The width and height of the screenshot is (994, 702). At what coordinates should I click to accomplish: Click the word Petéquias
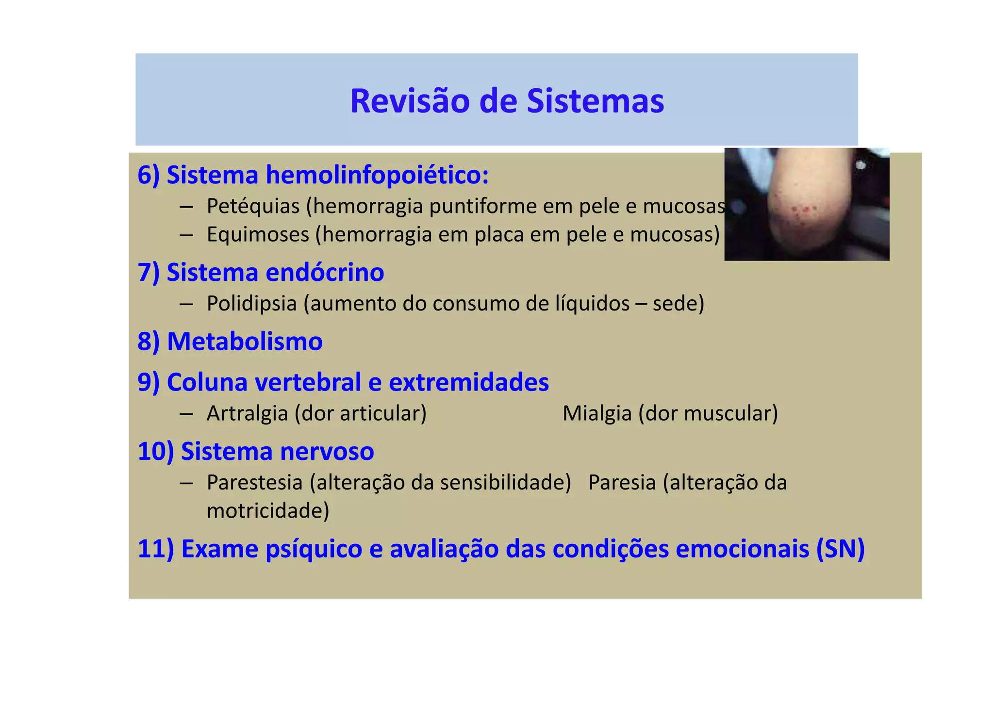[253, 206]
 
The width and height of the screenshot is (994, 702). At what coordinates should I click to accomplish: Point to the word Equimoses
[258, 234]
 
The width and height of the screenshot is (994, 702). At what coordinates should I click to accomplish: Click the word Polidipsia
[251, 304]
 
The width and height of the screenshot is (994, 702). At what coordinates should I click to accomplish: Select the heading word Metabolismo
[245, 342]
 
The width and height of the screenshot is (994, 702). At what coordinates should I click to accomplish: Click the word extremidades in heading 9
[469, 382]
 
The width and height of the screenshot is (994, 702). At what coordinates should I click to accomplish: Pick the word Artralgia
[247, 413]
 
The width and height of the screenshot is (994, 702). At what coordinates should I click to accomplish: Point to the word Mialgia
[597, 413]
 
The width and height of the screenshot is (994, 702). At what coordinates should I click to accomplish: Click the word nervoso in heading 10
[326, 451]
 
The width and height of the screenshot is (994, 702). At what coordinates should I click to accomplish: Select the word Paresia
[622, 483]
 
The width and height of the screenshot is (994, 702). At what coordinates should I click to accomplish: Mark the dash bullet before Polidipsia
[186, 304]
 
